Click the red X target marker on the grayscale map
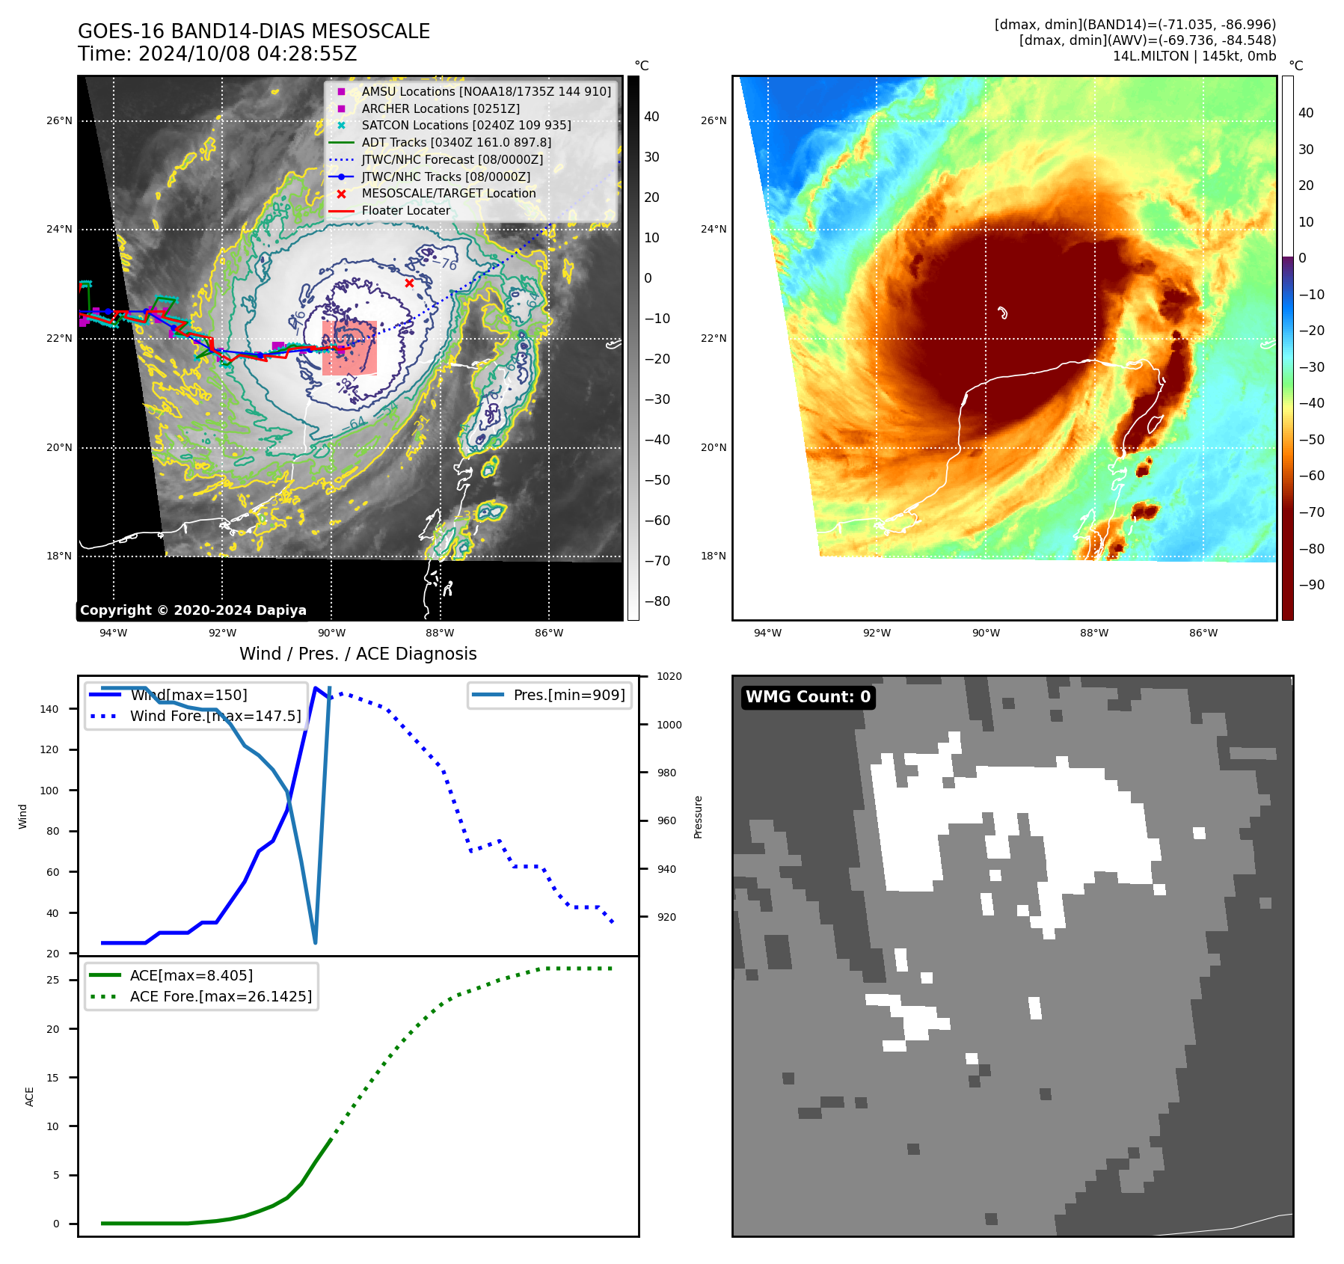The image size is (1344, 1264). [x=409, y=283]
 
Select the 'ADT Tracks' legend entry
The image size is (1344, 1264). [x=456, y=142]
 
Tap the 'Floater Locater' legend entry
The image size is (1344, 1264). [x=405, y=210]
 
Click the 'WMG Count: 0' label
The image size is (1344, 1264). [x=808, y=697]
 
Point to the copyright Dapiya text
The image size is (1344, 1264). [x=193, y=610]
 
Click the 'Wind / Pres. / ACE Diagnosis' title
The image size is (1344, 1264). [x=358, y=654]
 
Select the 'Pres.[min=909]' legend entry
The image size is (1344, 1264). [x=568, y=695]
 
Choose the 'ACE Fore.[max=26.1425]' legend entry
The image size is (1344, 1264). [x=221, y=996]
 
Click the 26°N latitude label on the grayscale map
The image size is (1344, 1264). [x=60, y=120]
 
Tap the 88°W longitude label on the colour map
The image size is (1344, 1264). [x=1094, y=633]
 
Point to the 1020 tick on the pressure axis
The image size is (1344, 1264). [x=669, y=676]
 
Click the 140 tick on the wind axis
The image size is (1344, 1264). [x=49, y=709]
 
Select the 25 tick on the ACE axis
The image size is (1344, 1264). [x=53, y=980]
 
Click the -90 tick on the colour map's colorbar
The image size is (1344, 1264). [x=1311, y=585]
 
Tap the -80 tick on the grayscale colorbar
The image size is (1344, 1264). [x=657, y=601]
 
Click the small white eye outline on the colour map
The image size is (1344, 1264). [x=1003, y=313]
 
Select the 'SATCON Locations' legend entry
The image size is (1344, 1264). [x=466, y=125]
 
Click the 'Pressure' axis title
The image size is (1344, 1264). [x=698, y=817]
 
